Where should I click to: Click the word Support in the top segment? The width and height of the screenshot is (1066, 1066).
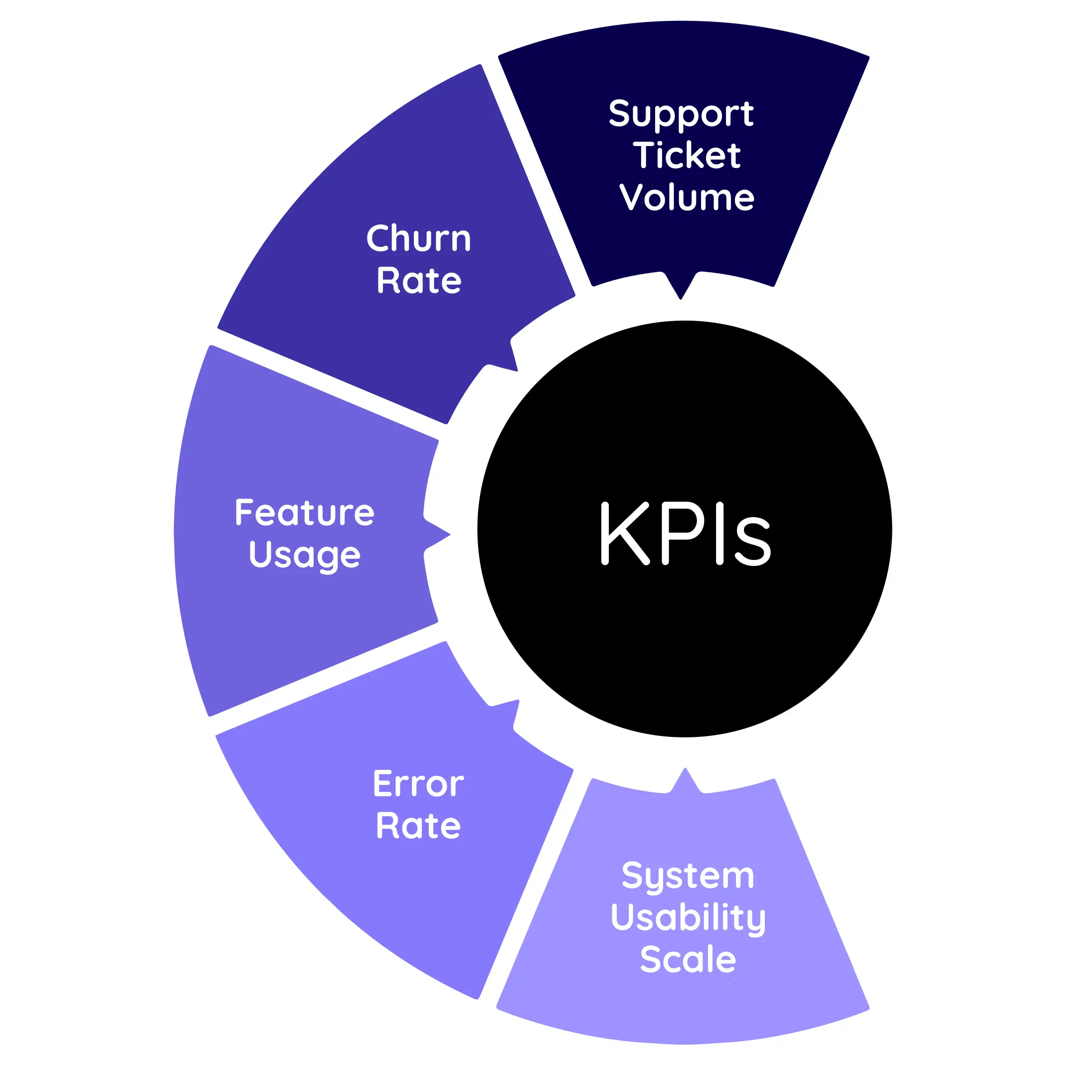point(681,114)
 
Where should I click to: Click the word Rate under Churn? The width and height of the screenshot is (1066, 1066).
point(419,280)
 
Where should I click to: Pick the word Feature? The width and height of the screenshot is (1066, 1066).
point(305,513)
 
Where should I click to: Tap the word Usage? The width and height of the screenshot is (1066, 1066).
point(305,555)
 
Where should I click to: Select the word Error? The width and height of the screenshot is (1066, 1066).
point(418,784)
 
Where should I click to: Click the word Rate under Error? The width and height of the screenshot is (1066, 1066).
point(418,826)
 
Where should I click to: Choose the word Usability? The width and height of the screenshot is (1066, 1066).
point(688,918)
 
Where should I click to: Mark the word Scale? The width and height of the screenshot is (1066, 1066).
point(688,959)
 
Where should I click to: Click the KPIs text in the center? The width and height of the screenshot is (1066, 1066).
point(685,533)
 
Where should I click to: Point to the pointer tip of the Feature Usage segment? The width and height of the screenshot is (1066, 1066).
point(449,534)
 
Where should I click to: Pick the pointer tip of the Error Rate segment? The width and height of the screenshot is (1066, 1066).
point(517,702)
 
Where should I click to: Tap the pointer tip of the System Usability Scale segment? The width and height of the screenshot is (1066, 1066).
point(685,770)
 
